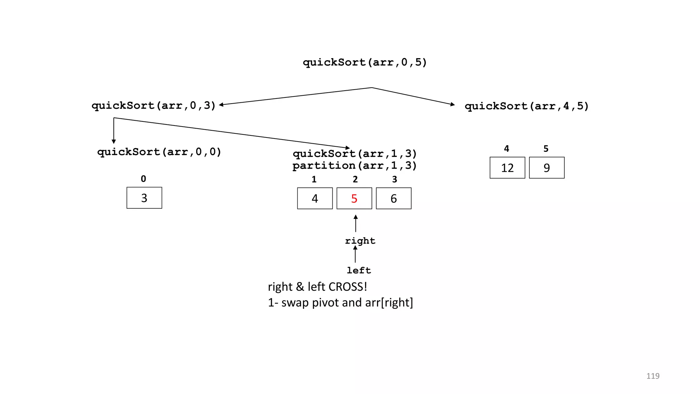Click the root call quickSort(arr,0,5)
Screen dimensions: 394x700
[x=365, y=62]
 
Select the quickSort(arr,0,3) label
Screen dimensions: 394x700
[x=153, y=105]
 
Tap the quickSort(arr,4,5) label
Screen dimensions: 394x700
[x=526, y=106]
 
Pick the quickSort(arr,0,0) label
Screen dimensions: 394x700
[x=159, y=152]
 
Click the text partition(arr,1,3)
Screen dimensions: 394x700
[x=354, y=166]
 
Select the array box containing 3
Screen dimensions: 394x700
[x=144, y=198]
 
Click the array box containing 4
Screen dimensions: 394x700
[x=315, y=198]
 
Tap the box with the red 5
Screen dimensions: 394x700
[x=354, y=198]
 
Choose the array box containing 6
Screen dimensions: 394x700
[x=393, y=198]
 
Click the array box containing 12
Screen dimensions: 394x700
[x=507, y=168]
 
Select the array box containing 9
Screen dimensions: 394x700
[x=547, y=168]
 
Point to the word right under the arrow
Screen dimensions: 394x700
[x=360, y=241]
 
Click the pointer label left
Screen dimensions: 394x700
[x=359, y=270]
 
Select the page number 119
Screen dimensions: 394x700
[x=652, y=376]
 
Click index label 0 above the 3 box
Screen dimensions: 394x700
[x=144, y=179]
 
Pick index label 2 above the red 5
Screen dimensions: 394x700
[x=355, y=179]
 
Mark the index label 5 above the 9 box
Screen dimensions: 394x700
[x=546, y=148]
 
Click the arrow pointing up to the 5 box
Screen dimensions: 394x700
[x=355, y=223]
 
